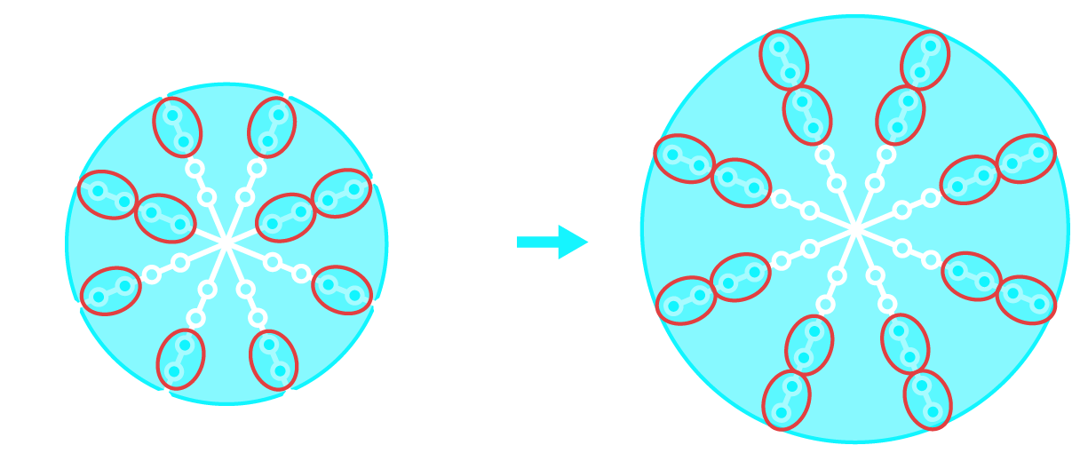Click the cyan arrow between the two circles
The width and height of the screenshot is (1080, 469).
pos(552,242)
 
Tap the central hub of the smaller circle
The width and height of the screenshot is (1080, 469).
pos(226,242)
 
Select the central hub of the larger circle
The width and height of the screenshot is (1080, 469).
pos(855,229)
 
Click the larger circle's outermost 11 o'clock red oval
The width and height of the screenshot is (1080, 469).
pos(783,60)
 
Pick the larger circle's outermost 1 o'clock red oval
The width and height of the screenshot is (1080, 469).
pos(925,60)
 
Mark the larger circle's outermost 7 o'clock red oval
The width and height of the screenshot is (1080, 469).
pos(786,400)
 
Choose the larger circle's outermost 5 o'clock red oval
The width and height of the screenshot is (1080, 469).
pos(927,399)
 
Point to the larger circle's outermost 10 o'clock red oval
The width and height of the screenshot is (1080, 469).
pos(685,158)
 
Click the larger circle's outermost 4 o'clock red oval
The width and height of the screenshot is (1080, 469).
pos(1026,299)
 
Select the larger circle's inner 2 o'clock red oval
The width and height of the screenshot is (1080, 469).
pos(970,179)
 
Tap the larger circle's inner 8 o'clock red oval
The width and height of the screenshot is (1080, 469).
pos(741,277)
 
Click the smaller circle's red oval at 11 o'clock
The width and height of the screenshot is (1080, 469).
pos(178,127)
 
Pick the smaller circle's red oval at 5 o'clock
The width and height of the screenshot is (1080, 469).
pos(274,360)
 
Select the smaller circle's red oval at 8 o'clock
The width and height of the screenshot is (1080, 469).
pos(111,290)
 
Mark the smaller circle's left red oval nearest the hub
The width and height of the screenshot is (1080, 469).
pos(165,218)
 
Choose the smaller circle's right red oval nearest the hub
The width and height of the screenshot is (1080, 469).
pos(286,218)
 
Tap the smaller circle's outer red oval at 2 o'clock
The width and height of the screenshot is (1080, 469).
pos(341,193)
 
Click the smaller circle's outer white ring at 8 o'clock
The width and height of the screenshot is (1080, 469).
pos(152,274)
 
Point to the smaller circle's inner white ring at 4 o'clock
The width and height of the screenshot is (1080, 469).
pos(273,262)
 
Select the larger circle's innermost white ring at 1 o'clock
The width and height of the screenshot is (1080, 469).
pos(875,184)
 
